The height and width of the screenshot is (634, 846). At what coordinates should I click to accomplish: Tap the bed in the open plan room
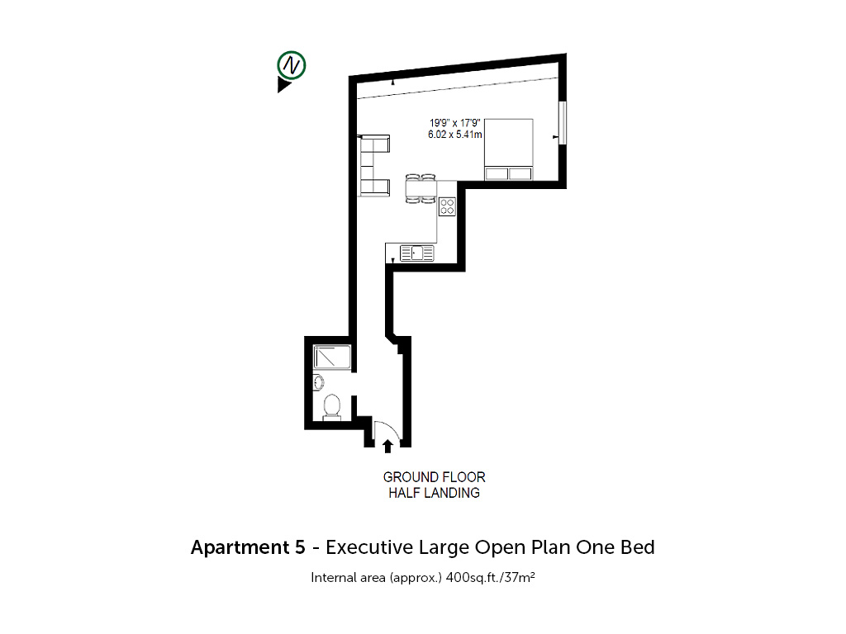(x=509, y=149)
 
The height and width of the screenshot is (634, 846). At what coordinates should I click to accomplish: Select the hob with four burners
(x=447, y=206)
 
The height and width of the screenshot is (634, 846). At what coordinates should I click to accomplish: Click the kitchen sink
(x=416, y=253)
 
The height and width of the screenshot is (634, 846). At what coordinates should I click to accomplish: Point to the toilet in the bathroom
(x=332, y=407)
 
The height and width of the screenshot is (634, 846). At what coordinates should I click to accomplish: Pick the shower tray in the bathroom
(x=332, y=357)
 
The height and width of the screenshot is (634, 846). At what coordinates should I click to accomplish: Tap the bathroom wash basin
(x=318, y=382)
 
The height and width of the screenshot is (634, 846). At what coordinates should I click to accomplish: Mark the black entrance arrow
(x=387, y=446)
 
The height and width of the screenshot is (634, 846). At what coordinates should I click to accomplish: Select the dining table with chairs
(x=421, y=188)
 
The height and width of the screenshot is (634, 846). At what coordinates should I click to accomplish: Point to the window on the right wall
(x=562, y=122)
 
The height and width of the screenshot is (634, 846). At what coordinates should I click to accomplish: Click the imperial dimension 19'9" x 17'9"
(x=455, y=123)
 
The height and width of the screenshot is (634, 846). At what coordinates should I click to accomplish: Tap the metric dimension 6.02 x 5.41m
(x=455, y=135)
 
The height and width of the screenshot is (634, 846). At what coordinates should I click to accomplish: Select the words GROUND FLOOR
(x=435, y=477)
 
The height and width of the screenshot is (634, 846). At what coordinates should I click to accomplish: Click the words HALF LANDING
(x=435, y=493)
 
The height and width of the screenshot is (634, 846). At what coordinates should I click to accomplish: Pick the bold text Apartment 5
(x=248, y=547)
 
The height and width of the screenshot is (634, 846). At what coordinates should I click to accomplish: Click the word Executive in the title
(x=369, y=547)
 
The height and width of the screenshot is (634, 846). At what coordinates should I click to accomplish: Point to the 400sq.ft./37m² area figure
(x=491, y=577)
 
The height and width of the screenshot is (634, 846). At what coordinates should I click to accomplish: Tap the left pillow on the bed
(x=497, y=173)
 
